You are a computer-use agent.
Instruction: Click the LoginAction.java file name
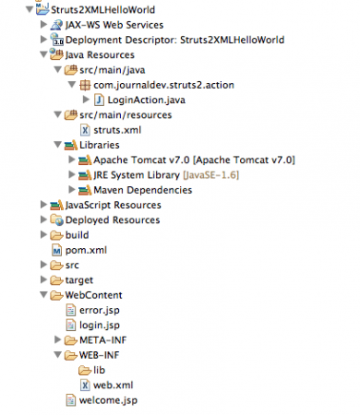coord(147,100)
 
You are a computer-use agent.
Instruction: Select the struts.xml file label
coord(117,130)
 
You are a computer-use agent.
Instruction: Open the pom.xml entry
coord(86,250)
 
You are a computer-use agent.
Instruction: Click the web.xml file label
coord(114,385)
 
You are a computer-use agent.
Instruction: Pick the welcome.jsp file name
coord(108,400)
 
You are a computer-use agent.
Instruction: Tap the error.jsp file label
coord(100,310)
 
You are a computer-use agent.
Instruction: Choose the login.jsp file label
coord(100,326)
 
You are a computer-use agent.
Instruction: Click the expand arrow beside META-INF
coord(57,339)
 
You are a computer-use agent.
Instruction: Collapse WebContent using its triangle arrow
coord(44,295)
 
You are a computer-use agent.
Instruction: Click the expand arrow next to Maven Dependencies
coord(72,190)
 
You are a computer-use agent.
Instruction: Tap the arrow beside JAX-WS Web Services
coord(43,24)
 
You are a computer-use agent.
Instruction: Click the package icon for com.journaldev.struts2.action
coord(85,85)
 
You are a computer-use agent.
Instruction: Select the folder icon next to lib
coord(85,371)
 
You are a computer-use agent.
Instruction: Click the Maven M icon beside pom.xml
coord(56,250)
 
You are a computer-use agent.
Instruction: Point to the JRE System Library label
coord(137,175)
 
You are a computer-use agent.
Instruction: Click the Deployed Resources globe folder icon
coord(57,219)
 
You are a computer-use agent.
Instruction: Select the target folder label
coord(79,280)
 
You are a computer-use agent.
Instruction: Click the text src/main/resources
coord(126,115)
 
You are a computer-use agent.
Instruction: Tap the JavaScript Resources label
coord(114,205)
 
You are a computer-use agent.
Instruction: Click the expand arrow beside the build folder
coord(43,234)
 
